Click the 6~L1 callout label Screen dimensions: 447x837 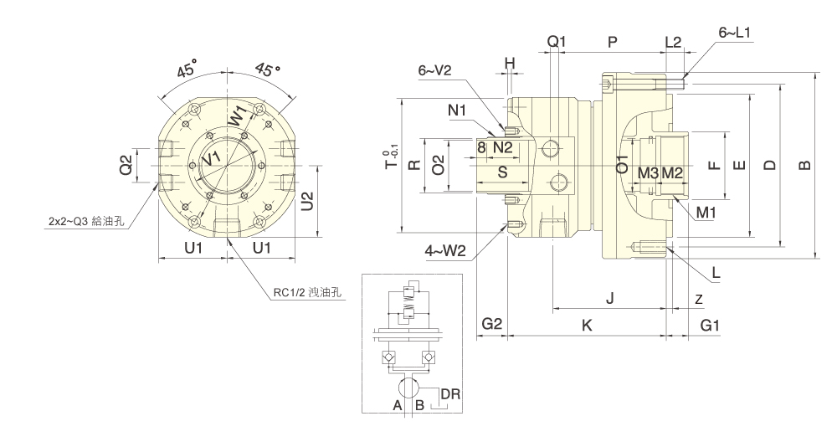[734, 33]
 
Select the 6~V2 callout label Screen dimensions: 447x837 [434, 71]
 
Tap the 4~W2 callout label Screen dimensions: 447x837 [446, 249]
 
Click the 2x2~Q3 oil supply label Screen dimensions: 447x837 [86, 223]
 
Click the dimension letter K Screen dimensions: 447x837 [587, 325]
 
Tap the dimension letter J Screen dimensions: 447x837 [609, 297]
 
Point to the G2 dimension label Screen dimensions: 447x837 [492, 325]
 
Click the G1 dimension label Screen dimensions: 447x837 [710, 325]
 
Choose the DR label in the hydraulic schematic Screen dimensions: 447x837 [450, 393]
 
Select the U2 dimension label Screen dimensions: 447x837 [308, 201]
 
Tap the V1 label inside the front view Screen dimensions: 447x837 [213, 157]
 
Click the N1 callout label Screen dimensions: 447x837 [456, 110]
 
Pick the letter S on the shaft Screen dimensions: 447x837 [502, 172]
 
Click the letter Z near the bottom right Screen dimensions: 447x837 [698, 298]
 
